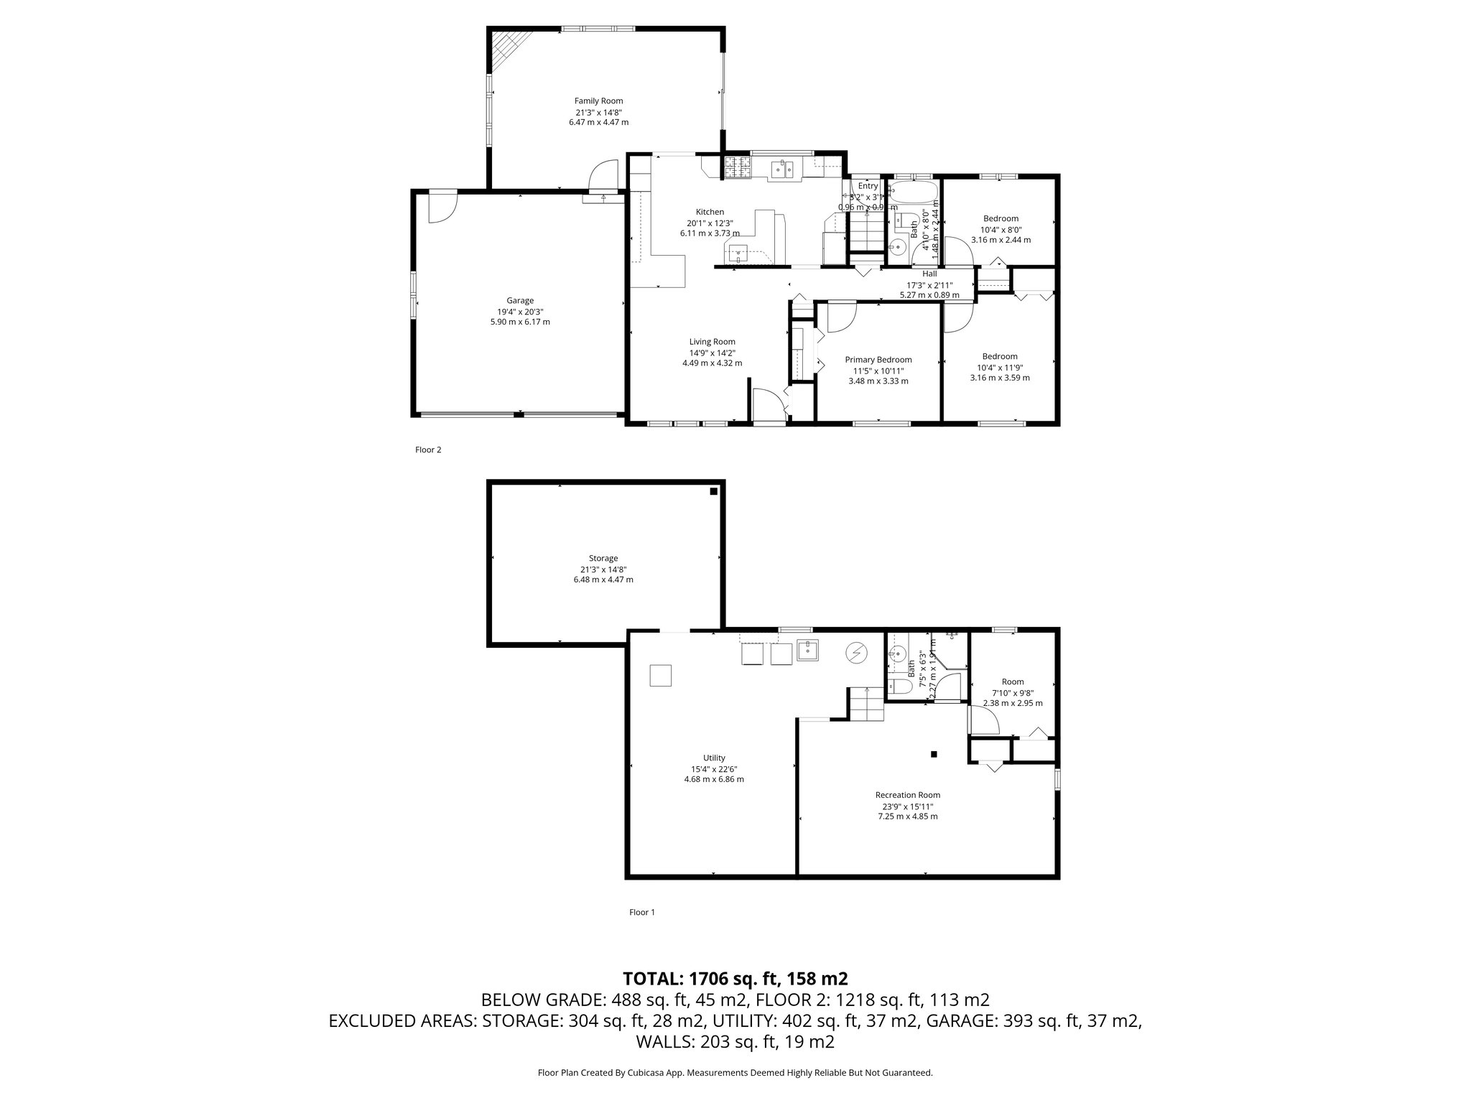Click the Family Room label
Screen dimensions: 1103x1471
tap(598, 101)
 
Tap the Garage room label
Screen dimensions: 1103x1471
tap(520, 301)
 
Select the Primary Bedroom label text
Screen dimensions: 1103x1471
tap(878, 360)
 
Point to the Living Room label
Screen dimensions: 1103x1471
tap(712, 342)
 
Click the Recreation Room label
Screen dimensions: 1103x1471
tap(907, 795)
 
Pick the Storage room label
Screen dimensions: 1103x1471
tap(603, 558)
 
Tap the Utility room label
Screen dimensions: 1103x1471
tap(714, 758)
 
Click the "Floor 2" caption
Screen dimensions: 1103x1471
tap(428, 450)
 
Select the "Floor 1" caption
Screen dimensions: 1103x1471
tap(642, 913)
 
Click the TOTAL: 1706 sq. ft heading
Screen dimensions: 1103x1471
tap(735, 978)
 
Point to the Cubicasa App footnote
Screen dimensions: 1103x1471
tap(735, 1073)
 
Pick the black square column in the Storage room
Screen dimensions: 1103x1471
tap(713, 492)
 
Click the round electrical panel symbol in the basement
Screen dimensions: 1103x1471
tap(855, 652)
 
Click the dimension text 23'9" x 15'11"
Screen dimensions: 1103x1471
tap(907, 806)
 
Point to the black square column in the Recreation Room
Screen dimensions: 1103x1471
tap(934, 754)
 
